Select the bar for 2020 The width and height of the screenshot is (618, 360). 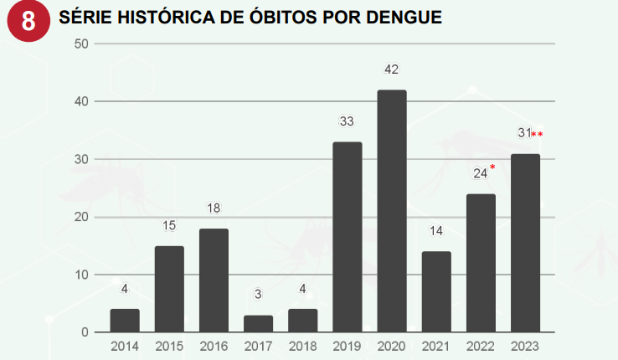(391, 211)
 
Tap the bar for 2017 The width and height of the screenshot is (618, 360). (258, 324)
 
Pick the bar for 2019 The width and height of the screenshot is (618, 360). (347, 237)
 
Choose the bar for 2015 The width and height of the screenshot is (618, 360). (169, 289)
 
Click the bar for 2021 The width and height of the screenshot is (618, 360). (436, 292)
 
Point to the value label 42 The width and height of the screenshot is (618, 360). (391, 69)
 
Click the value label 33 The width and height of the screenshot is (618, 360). (347, 121)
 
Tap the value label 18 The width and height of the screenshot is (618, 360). (214, 208)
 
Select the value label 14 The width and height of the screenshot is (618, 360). (436, 231)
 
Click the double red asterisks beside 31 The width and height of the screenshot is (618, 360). (537, 134)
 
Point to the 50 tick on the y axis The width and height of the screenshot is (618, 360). (82, 44)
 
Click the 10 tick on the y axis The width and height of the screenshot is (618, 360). (82, 275)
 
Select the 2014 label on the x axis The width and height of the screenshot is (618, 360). (125, 346)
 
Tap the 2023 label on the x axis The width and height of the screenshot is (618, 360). (525, 346)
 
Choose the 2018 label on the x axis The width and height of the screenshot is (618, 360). (302, 346)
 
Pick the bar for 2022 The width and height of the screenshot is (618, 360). (481, 263)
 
